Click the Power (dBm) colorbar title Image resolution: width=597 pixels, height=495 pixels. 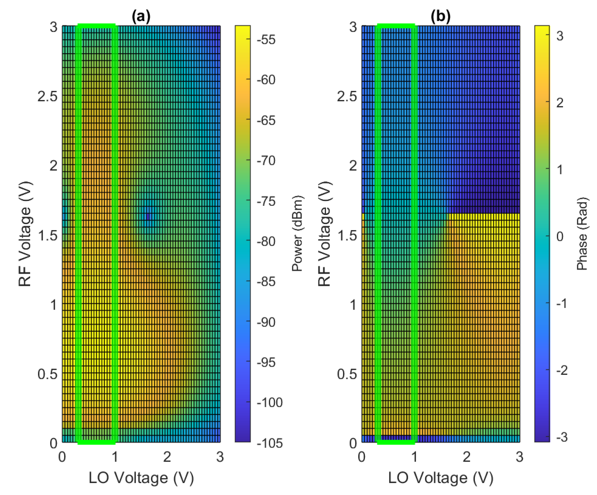coord(297,233)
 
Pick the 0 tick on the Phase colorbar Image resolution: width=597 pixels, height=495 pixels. coord(560,236)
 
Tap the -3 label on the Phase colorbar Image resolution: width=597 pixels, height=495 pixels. coord(562,437)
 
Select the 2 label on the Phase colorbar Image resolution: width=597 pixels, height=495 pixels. coord(560,103)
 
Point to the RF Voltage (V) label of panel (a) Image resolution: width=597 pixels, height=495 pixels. coord(25,233)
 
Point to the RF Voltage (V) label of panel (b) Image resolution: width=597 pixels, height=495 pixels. coord(324,233)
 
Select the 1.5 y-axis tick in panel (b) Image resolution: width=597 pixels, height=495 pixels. coord(347,235)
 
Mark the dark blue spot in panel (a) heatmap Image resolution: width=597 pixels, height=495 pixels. coord(148,217)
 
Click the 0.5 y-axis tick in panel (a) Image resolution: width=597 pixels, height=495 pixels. coord(47,374)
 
